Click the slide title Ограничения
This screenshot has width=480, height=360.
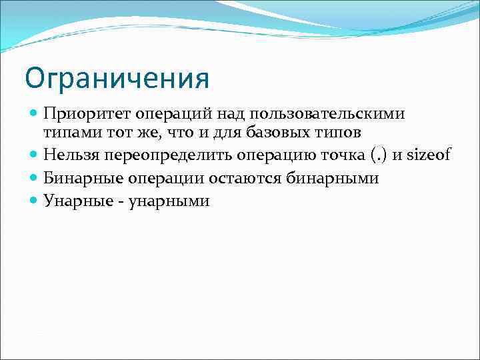click(117, 78)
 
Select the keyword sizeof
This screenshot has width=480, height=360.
click(430, 155)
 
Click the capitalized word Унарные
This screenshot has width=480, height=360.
click(73, 201)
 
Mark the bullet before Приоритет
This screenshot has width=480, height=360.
click(35, 115)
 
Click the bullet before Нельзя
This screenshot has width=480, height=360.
click(35, 155)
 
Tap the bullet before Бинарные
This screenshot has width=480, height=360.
click(35, 178)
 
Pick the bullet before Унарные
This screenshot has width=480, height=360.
click(35, 201)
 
